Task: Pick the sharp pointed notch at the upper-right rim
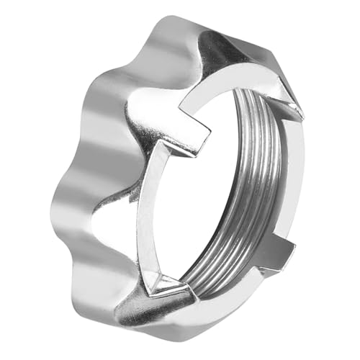(292, 108)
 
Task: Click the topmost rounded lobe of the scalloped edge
(173, 32)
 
